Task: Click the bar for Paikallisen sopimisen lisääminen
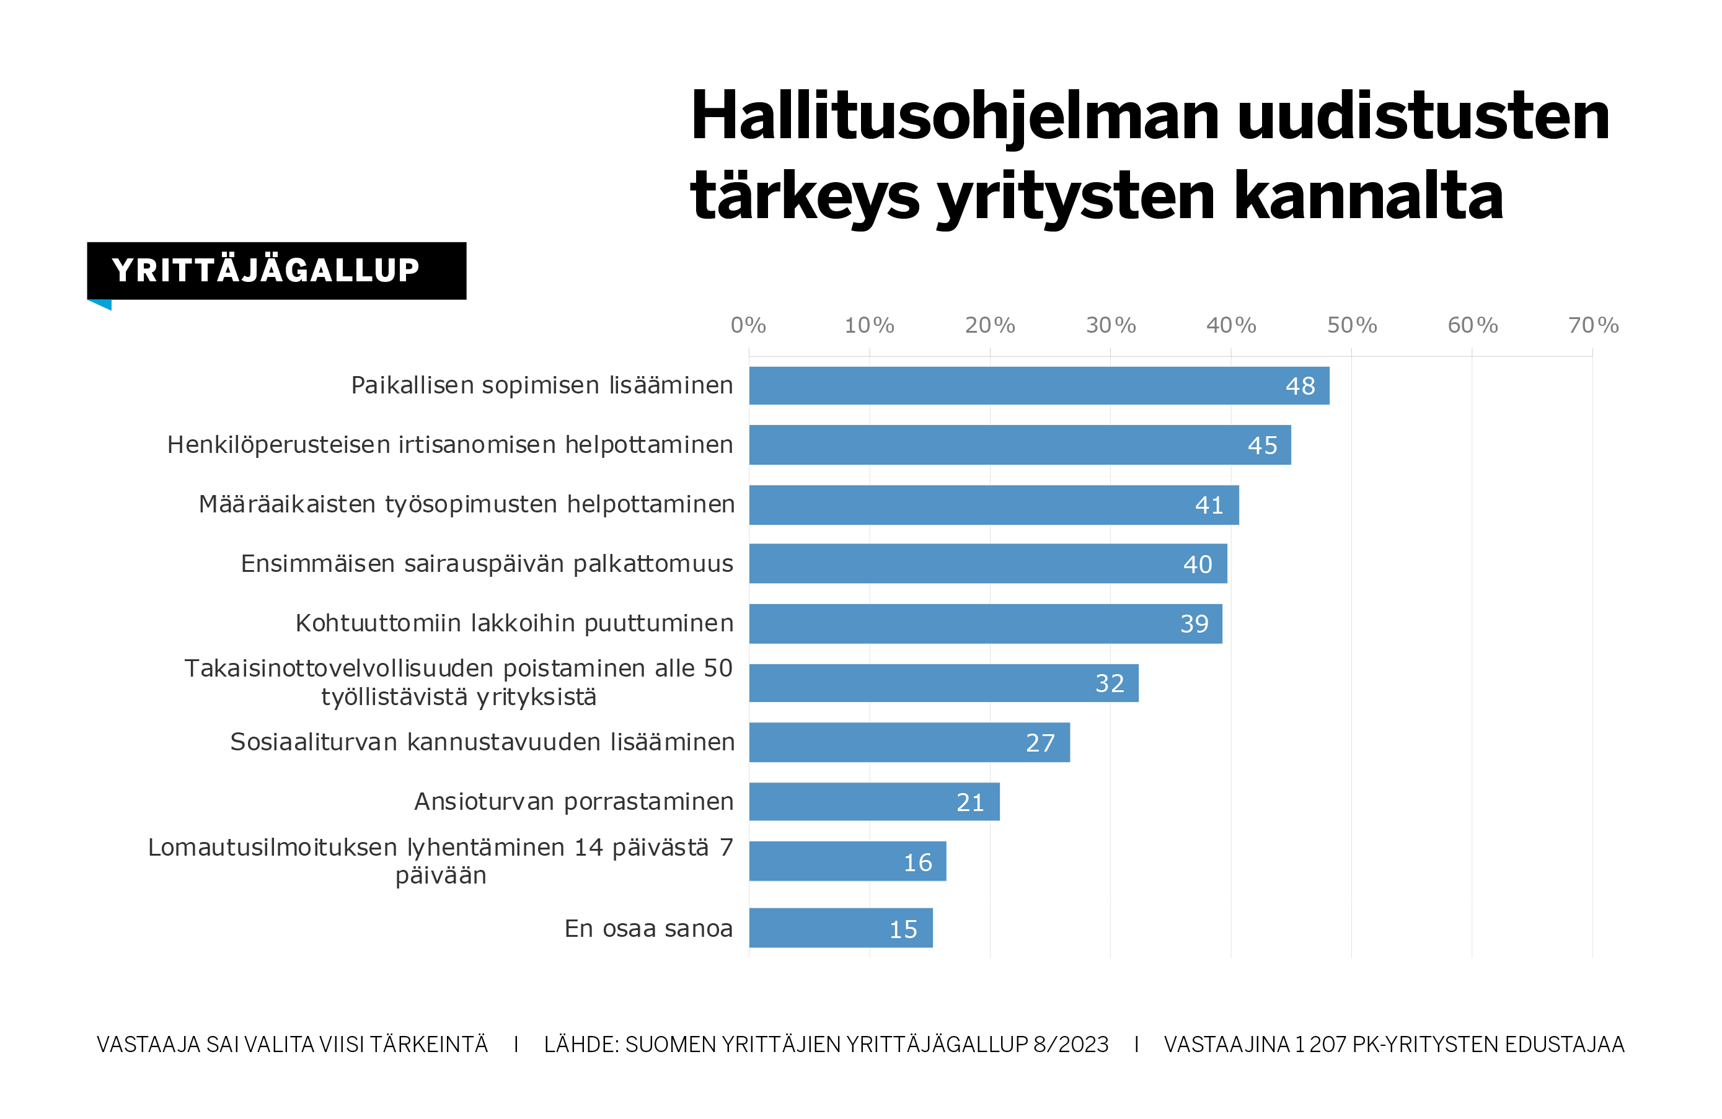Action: pyautogui.click(x=1038, y=385)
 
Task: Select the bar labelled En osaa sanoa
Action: pyautogui.click(x=841, y=928)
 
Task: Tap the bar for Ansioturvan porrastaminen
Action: pyautogui.click(x=874, y=802)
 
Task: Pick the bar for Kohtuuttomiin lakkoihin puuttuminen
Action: pyautogui.click(x=986, y=623)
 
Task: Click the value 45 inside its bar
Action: pyautogui.click(x=1262, y=445)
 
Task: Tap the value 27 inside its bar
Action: pyautogui.click(x=1040, y=743)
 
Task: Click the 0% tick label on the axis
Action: pyautogui.click(x=748, y=325)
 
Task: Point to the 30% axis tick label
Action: pyautogui.click(x=1111, y=325)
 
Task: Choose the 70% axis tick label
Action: pyautogui.click(x=1592, y=325)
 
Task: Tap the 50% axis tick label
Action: pyautogui.click(x=1351, y=325)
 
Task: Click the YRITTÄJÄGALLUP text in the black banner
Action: pyautogui.click(x=265, y=271)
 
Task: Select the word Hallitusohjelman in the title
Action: pyautogui.click(x=955, y=118)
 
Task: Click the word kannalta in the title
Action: pyautogui.click(x=1367, y=197)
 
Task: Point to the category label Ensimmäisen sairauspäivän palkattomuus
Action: pyautogui.click(x=487, y=563)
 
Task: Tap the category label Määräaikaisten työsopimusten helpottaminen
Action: pyautogui.click(x=467, y=504)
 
